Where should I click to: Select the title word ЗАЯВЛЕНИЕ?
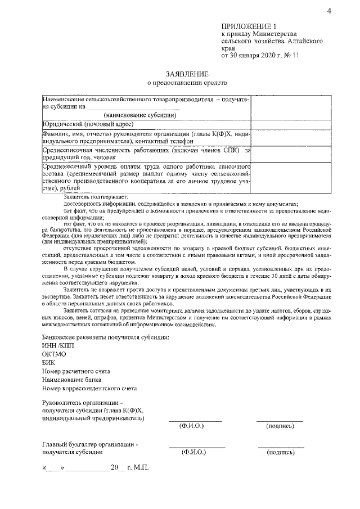(187, 74)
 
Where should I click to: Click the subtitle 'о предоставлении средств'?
(187, 84)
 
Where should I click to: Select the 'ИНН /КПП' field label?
(57, 345)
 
